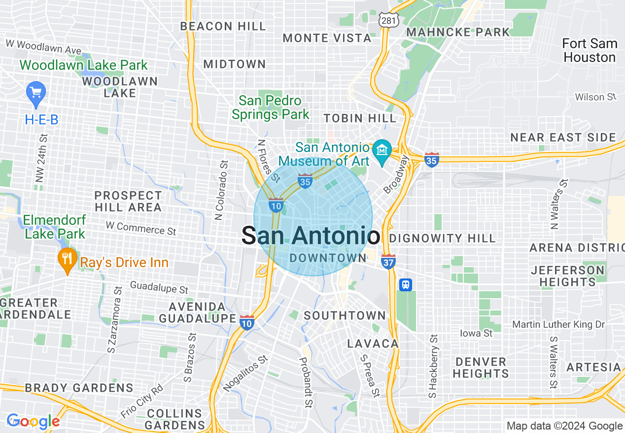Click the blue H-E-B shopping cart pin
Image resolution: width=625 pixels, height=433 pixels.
click(36, 93)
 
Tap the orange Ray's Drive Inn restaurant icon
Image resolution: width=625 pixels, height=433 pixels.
click(66, 261)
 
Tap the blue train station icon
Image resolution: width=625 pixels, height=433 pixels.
click(406, 285)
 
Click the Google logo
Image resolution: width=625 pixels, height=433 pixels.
click(33, 422)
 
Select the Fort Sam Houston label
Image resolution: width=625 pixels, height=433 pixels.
click(590, 51)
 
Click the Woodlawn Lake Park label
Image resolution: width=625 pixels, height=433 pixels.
click(84, 65)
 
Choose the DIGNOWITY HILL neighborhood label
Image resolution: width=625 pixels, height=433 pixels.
click(442, 239)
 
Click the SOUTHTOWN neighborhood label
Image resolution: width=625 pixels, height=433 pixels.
click(345, 315)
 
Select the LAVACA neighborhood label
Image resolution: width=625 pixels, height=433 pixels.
click(373, 343)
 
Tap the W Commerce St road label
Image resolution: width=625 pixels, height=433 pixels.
click(140, 228)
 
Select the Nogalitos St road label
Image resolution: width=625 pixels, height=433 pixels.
click(245, 373)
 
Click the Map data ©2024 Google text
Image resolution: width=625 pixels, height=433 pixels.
click(564, 426)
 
